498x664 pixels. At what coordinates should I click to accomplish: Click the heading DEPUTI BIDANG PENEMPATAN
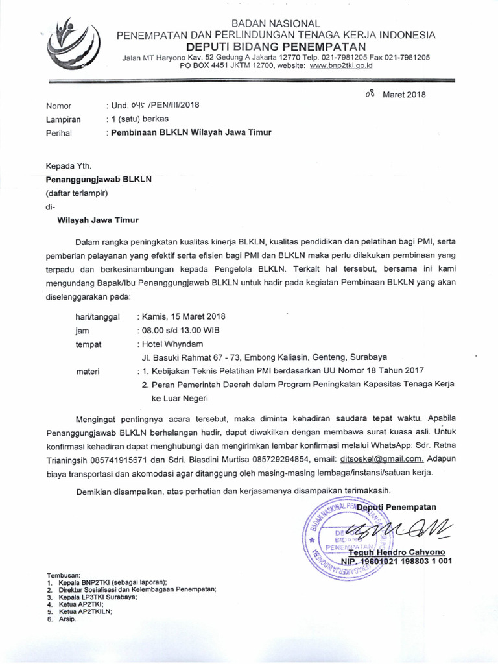[276, 46]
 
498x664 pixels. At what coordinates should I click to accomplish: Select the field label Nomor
[58, 106]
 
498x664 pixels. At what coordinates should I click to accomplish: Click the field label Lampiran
[63, 119]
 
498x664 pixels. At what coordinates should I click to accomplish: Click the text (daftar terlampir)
[76, 193]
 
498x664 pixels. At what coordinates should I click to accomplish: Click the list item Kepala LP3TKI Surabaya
[98, 597]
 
